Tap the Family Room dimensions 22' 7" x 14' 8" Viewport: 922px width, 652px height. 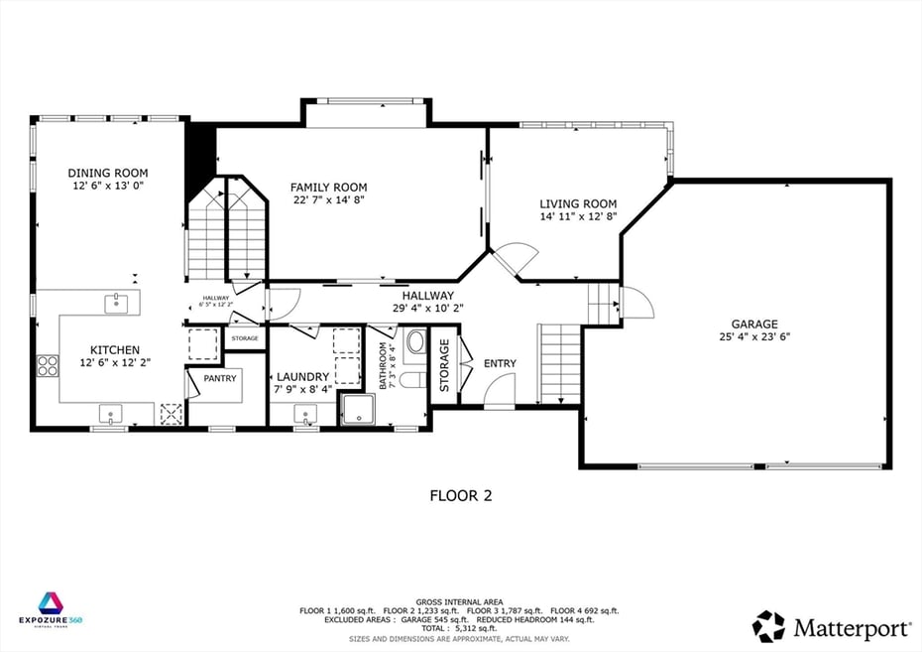[x=328, y=200]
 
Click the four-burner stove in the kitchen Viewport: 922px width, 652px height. [x=48, y=365]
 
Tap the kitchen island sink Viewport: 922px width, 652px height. [x=116, y=303]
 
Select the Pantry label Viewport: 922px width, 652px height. [x=219, y=378]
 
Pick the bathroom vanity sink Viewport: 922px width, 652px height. [x=414, y=343]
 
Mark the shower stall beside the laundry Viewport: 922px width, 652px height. [x=354, y=409]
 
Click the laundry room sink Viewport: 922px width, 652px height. [x=306, y=412]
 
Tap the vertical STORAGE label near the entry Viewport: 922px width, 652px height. [x=444, y=364]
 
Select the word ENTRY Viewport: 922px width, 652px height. [x=500, y=364]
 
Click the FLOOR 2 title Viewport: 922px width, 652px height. [x=460, y=494]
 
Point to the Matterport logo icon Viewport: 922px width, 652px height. [x=768, y=626]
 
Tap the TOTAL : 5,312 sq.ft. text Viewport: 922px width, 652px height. [x=460, y=628]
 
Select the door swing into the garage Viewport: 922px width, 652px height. [x=636, y=303]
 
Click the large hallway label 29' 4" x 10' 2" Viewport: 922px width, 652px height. [x=427, y=308]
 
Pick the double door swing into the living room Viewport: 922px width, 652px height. [x=515, y=260]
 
